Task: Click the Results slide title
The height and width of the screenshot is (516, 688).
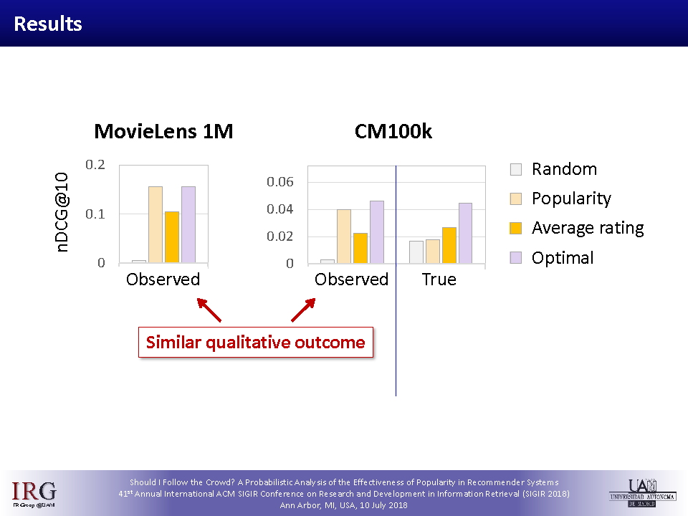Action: pos(48,24)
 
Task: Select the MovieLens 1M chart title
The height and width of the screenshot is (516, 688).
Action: pos(163,131)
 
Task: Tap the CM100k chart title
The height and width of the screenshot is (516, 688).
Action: pos(393,131)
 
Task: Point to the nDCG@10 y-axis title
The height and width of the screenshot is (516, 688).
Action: pos(62,212)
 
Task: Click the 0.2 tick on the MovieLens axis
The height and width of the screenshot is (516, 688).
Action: pos(95,165)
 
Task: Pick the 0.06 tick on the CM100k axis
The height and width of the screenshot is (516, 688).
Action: pos(280,181)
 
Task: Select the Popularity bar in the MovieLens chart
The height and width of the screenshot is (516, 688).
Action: pos(156,224)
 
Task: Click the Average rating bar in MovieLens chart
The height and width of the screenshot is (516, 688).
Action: pos(172,237)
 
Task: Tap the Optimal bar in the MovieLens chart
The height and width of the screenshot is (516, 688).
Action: pos(188,224)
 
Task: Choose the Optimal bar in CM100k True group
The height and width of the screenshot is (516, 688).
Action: pos(465,233)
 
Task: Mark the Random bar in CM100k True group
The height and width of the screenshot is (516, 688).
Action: pos(416,252)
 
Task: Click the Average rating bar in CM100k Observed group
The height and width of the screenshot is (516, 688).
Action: pos(360,248)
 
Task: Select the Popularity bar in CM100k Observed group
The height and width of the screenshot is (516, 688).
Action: pos(344,236)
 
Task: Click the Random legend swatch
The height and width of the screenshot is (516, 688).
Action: pos(516,169)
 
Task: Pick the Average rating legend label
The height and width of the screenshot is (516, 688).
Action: pos(588,228)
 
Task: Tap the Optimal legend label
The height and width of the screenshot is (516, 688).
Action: pos(563,257)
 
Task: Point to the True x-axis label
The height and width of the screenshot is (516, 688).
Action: pos(439,279)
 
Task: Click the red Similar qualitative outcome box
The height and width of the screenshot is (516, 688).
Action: pos(256,343)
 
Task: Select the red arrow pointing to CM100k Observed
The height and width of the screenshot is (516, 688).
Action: pos(303,310)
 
